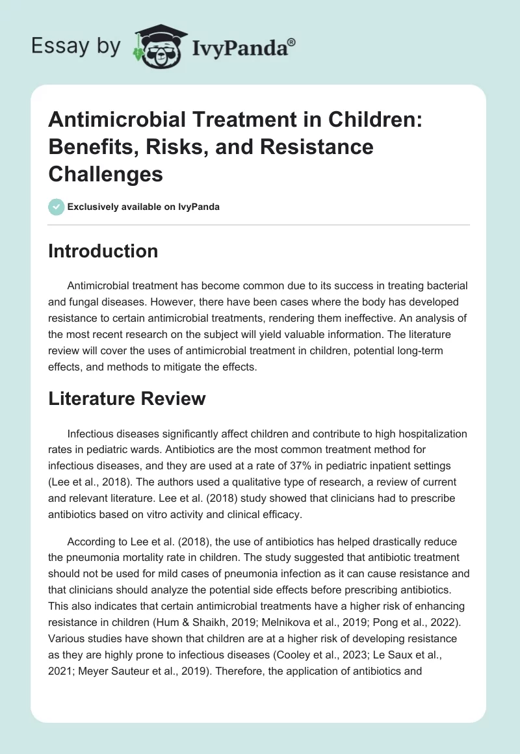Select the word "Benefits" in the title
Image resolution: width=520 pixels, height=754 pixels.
click(x=88, y=147)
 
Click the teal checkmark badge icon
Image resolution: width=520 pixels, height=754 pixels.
click(x=56, y=207)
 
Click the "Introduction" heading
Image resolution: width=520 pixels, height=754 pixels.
click(x=103, y=252)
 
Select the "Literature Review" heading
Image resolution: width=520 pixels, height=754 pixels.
click(x=127, y=398)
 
